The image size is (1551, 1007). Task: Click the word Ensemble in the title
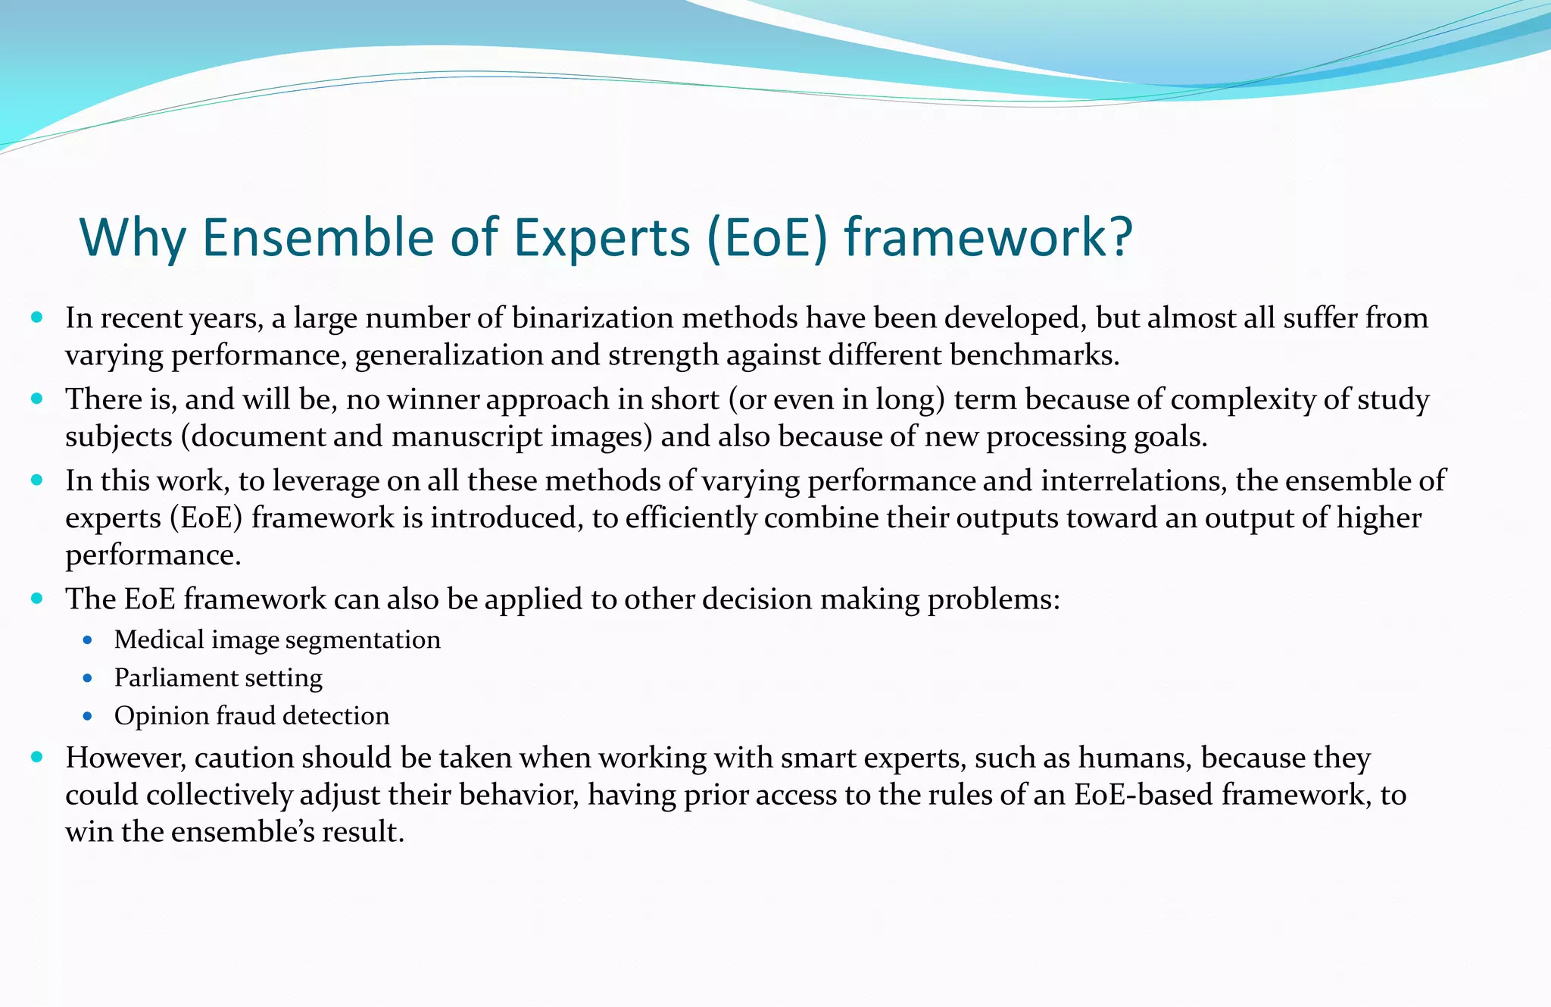click(319, 237)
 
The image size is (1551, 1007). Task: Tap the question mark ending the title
click(1118, 237)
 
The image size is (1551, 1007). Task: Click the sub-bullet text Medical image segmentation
click(277, 640)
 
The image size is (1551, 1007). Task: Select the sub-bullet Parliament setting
click(218, 677)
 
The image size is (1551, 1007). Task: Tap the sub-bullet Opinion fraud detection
click(251, 716)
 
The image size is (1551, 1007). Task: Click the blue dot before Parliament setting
click(88, 678)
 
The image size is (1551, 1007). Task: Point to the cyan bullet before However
click(37, 756)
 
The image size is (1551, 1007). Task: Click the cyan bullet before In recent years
click(37, 317)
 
